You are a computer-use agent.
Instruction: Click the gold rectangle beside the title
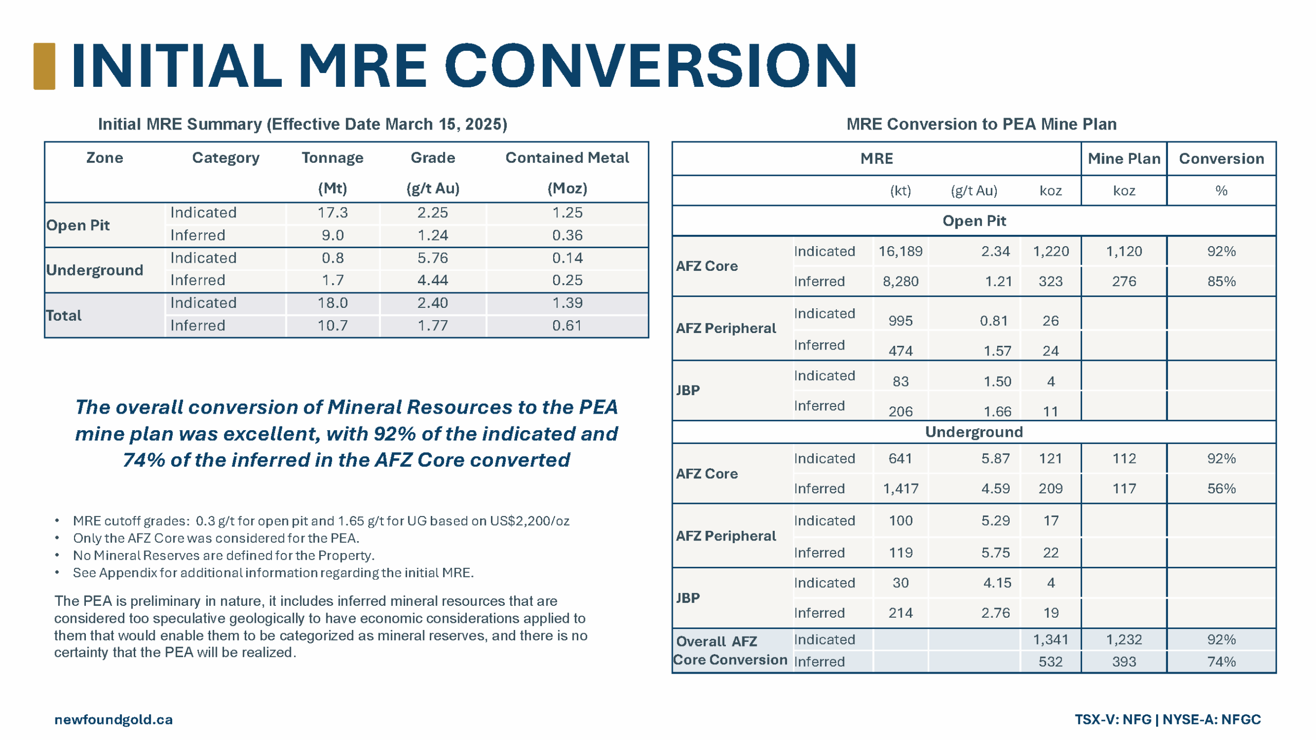click(44, 66)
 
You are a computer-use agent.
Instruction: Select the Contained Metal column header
click(566, 158)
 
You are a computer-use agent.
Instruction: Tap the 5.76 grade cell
click(432, 258)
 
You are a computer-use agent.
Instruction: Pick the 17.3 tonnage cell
click(332, 213)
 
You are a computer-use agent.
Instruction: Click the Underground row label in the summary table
click(95, 270)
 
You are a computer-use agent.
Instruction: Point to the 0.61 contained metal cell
click(567, 325)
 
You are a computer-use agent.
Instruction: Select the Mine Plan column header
click(1123, 159)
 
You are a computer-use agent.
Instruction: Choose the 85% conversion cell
click(1221, 282)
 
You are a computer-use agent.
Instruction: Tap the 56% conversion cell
click(1221, 488)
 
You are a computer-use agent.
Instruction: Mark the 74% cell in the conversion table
click(1221, 661)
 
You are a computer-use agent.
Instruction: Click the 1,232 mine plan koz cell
click(1123, 639)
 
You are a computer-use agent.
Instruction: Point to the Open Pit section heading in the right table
click(974, 221)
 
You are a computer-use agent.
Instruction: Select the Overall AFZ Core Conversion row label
click(730, 651)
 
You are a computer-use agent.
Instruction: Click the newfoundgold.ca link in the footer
click(114, 719)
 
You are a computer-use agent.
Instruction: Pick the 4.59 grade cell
click(995, 488)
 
